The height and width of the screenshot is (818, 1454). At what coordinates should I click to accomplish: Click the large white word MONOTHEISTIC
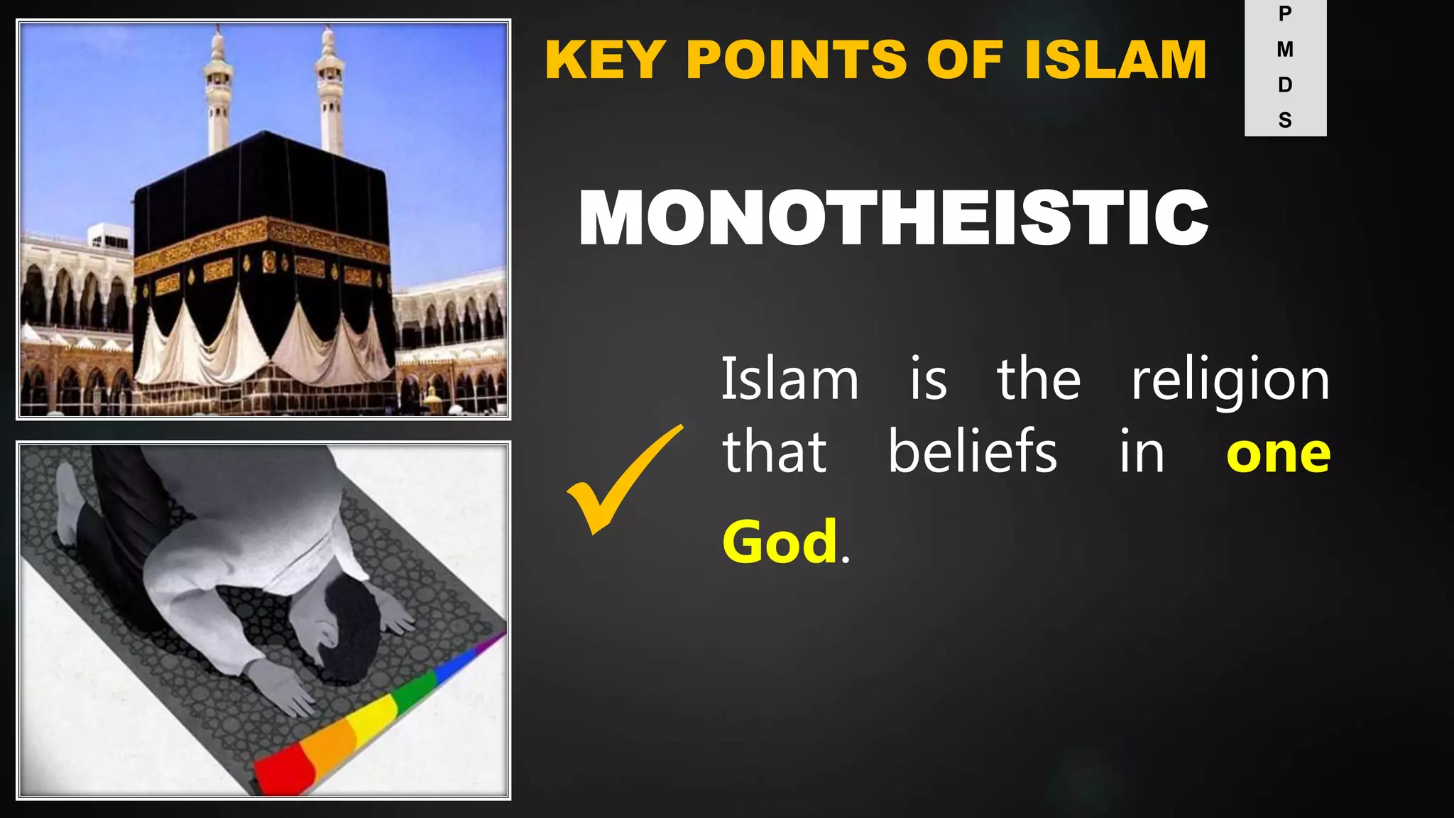893,218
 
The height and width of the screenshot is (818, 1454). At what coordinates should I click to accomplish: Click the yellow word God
780,542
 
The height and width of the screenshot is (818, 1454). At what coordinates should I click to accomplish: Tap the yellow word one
1278,454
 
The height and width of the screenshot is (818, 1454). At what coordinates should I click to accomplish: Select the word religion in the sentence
1230,381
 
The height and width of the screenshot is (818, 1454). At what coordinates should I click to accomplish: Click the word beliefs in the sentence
973,452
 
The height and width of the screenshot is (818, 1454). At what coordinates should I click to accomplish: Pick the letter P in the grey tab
1285,14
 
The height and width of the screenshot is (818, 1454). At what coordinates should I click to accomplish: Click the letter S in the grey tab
1285,121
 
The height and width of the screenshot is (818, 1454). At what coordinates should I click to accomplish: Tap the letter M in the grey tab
1285,50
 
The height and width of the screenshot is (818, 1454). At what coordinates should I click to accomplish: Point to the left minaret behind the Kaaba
218,92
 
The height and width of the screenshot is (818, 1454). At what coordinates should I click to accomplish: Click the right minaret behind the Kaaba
330,92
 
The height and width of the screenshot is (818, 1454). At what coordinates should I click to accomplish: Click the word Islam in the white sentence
789,381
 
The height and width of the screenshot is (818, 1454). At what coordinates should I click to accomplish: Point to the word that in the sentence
774,452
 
